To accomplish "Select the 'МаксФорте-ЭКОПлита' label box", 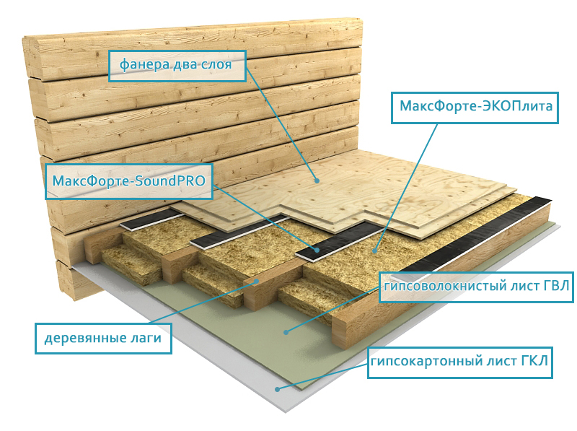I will point(475,107).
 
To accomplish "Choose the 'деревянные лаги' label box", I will point(104,337).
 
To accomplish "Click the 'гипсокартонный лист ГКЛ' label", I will point(460,362).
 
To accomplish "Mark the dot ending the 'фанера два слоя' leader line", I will point(315,179).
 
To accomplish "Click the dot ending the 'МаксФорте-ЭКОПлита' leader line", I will point(374,250).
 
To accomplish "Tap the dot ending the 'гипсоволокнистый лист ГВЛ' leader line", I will point(286,332).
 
